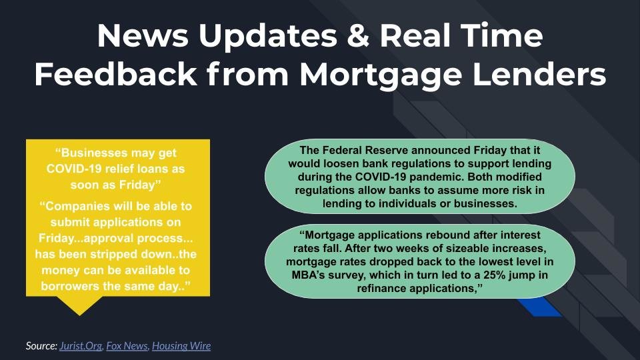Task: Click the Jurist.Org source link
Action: click(x=81, y=346)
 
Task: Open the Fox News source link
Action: click(x=127, y=346)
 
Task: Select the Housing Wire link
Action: click(x=181, y=346)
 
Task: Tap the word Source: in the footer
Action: click(x=41, y=346)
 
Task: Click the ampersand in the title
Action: click(x=359, y=35)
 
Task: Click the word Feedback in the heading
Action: click(x=115, y=74)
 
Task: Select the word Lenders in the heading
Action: click(x=539, y=74)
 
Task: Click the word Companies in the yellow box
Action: click(x=75, y=206)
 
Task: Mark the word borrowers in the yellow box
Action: click(x=70, y=286)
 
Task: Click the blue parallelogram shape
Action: click(x=539, y=307)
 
